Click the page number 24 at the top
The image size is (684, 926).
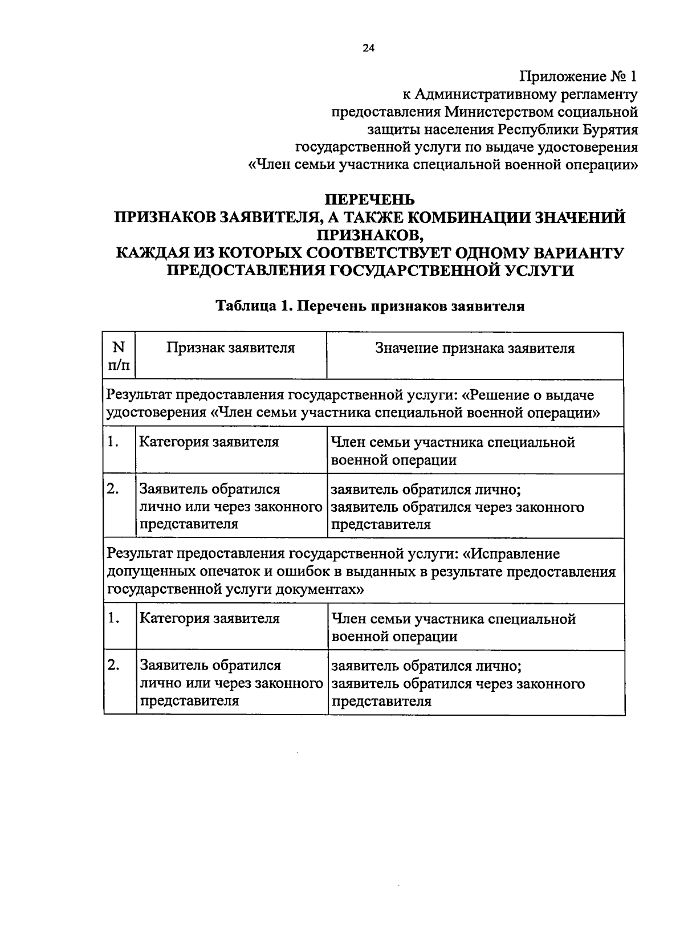click(x=368, y=48)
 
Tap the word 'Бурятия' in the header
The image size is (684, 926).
click(x=610, y=129)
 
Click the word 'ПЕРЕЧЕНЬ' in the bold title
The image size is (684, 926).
click(x=369, y=200)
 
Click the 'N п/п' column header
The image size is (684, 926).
click(x=119, y=356)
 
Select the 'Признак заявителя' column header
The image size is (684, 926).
click(x=230, y=348)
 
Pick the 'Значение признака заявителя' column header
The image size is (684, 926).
click(x=474, y=348)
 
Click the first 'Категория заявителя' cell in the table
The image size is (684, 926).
click(x=209, y=442)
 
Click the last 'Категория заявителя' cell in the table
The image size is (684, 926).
click(x=209, y=619)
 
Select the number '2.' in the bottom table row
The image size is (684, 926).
click(x=113, y=665)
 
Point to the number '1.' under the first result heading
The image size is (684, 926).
click(x=113, y=442)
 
